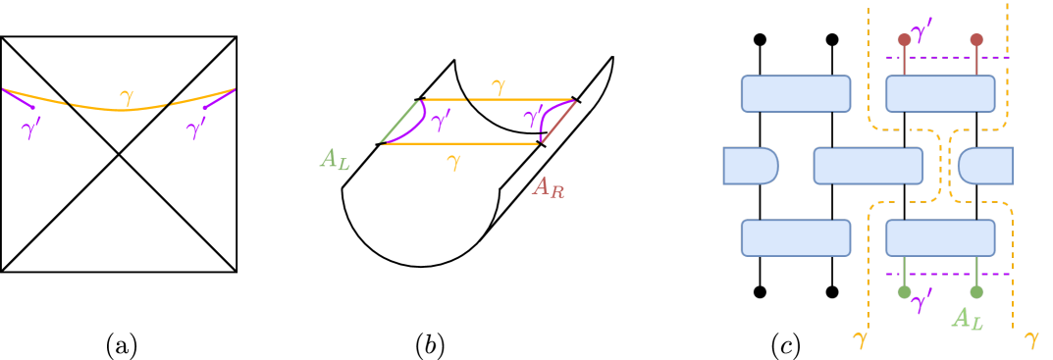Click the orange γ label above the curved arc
[x=126, y=97]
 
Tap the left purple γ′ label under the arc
[x=31, y=129]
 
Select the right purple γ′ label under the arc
[x=196, y=129]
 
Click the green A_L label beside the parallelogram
[x=335, y=160]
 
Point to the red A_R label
[x=548, y=186]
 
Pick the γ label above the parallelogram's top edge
[x=499, y=87]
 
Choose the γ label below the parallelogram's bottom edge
[x=452, y=162]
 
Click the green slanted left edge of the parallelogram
[x=399, y=122]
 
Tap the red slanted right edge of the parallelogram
[x=558, y=122]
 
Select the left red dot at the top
[x=904, y=40]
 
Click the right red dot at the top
[x=976, y=40]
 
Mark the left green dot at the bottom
[x=904, y=291]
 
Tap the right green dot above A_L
[x=976, y=291]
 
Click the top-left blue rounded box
[x=796, y=93]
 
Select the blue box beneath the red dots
[x=940, y=93]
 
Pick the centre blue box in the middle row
[x=868, y=166]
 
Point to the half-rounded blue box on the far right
[x=985, y=166]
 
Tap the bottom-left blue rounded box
[x=796, y=237]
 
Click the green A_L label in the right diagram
[x=967, y=318]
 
